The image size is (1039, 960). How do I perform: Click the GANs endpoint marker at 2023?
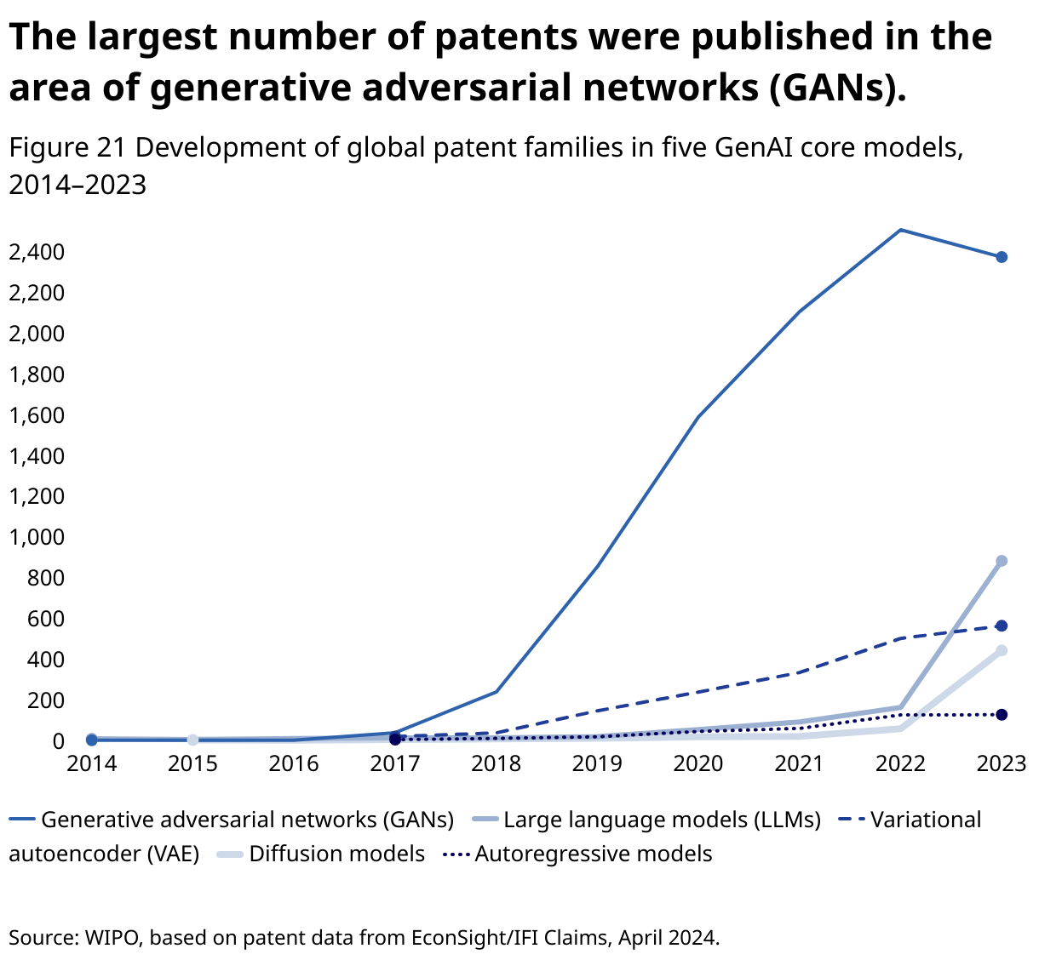(1002, 257)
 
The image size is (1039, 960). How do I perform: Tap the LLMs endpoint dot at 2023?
(1002, 561)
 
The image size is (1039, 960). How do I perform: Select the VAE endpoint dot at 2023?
(1002, 626)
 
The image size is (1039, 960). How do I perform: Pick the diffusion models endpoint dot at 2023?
(1002, 650)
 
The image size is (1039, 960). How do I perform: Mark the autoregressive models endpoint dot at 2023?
(1002, 714)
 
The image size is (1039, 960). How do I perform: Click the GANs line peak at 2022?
(900, 230)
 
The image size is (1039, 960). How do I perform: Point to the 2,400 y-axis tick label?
(36, 252)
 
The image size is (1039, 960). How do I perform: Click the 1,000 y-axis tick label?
(36, 537)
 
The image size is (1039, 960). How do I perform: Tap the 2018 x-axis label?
(496, 763)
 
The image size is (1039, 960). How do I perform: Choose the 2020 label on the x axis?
(698, 763)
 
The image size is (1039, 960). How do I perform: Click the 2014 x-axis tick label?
(91, 763)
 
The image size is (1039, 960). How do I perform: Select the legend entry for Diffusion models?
(336, 854)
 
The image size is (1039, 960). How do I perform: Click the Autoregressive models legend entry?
(593, 854)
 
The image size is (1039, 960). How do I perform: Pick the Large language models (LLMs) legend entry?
(662, 820)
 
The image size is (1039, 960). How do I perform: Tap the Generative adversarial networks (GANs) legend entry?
(247, 820)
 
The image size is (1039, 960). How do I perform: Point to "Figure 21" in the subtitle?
(67, 148)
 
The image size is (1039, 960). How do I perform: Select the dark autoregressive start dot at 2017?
(395, 739)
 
